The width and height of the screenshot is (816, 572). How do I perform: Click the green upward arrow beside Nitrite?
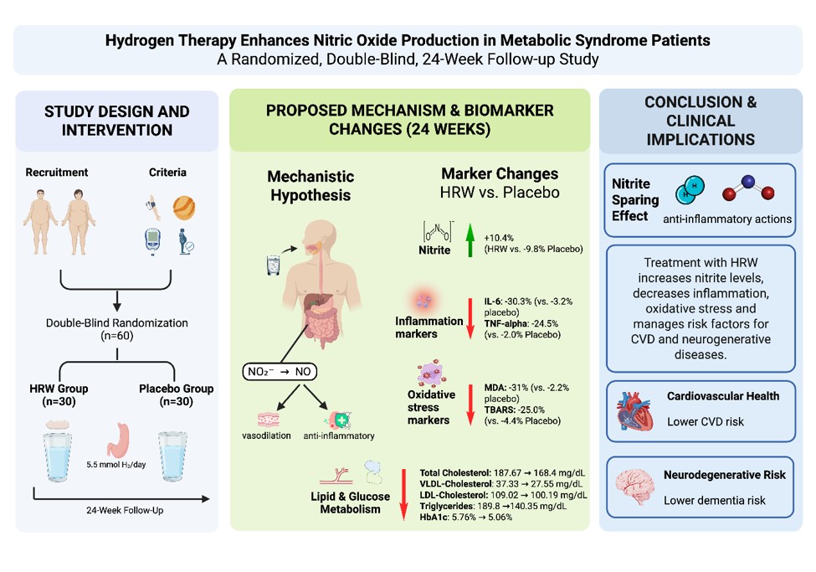point(470,240)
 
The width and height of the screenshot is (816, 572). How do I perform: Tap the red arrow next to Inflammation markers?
point(470,318)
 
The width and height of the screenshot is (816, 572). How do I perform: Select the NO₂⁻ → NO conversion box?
point(280,372)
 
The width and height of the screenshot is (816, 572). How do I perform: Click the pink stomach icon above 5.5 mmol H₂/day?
point(119,440)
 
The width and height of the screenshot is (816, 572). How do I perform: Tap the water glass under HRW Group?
point(59,451)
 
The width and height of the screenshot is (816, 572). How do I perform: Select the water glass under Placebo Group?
point(172,456)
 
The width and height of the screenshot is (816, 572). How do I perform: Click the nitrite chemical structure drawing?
point(437,231)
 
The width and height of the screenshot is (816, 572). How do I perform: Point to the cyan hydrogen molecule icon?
point(690,189)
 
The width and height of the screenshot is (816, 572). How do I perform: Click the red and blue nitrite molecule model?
point(748,188)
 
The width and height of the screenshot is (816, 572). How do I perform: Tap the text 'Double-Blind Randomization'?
point(117,323)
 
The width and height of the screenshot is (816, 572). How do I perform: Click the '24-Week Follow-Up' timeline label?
point(125,511)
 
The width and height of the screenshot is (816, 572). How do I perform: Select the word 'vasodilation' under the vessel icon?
point(266,435)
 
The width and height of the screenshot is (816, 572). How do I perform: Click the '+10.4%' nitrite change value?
point(499,238)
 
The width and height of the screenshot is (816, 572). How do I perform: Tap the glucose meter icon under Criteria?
point(152,242)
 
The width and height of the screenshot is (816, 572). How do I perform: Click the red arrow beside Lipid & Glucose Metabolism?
point(403,494)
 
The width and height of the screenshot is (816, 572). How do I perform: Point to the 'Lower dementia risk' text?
point(715,501)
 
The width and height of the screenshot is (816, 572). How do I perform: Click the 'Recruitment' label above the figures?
point(57,173)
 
